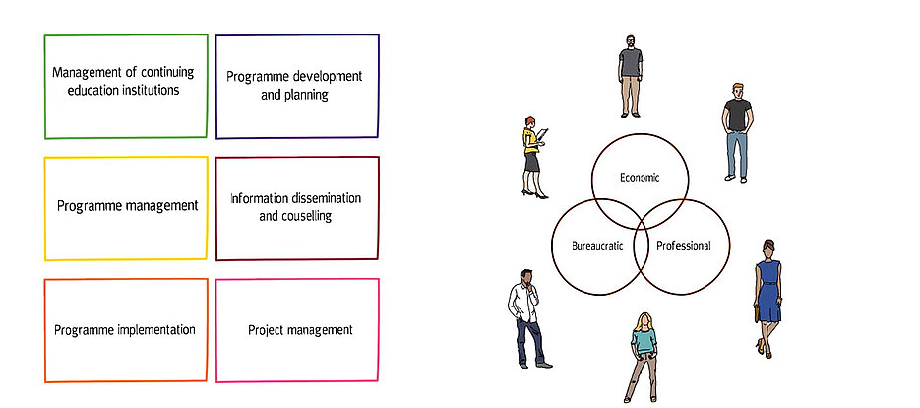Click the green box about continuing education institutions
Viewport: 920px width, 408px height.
click(125, 86)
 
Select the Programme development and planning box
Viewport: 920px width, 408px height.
click(296, 86)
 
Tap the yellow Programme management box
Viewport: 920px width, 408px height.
click(125, 207)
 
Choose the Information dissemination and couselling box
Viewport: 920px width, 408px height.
click(296, 207)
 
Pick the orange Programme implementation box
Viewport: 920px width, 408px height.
click(125, 330)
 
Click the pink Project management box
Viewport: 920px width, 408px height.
click(296, 330)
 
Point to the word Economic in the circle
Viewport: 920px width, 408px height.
click(639, 178)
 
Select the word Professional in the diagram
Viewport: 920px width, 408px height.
click(683, 245)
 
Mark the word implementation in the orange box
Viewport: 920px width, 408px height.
click(153, 330)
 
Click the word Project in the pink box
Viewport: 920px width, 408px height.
click(266, 330)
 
